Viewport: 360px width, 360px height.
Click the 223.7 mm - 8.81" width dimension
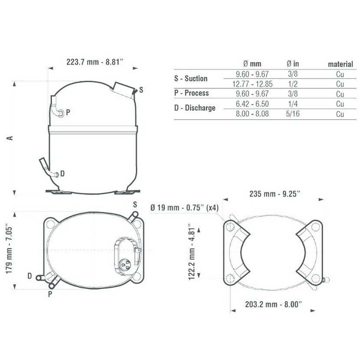click(x=95, y=62)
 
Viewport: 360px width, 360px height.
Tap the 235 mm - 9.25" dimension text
click(x=275, y=194)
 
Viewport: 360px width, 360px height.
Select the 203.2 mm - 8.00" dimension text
click(x=273, y=304)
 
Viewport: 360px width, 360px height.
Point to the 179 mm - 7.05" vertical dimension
click(x=9, y=250)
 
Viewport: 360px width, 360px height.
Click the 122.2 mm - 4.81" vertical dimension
click(x=192, y=252)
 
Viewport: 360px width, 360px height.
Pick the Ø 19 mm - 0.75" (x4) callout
click(x=185, y=208)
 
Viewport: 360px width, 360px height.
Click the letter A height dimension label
click(x=10, y=138)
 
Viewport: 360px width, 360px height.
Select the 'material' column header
click(x=340, y=64)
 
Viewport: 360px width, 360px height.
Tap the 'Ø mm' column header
click(x=252, y=64)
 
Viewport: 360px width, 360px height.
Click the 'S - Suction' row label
click(x=191, y=79)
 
